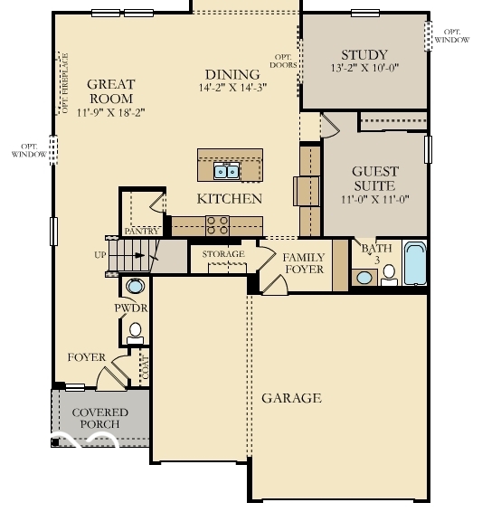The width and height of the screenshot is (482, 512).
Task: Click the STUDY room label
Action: [x=364, y=54]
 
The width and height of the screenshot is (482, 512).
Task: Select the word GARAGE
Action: [x=291, y=398]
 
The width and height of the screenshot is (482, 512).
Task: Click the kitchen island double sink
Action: [x=226, y=170]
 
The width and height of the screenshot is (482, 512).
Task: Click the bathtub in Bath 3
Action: [x=415, y=263]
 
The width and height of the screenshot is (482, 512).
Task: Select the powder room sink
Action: [x=135, y=287]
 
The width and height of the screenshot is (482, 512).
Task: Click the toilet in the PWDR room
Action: [x=135, y=331]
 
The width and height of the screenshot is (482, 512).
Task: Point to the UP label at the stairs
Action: [x=99, y=255]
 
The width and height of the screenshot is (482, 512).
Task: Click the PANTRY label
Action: [x=141, y=232]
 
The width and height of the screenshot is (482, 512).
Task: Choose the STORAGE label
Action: [x=222, y=254]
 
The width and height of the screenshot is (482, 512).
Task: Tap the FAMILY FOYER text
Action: [x=304, y=263]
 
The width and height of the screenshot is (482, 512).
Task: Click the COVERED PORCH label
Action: [x=99, y=418]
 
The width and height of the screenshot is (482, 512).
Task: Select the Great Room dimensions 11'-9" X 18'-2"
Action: [x=110, y=112]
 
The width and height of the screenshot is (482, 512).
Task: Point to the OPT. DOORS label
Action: [x=284, y=61]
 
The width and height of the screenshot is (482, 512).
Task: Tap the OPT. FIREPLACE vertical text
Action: [x=63, y=82]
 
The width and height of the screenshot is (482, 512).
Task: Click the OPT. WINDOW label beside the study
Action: [x=451, y=34]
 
